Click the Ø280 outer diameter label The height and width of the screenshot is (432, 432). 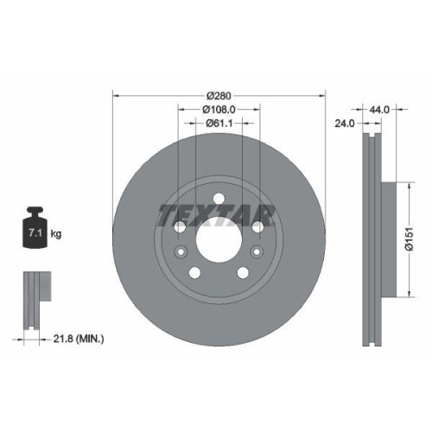point(218,95)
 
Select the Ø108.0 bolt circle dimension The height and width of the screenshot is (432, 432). point(219,110)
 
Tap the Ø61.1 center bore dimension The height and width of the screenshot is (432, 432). point(218,124)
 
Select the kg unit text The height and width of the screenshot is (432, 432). point(56,234)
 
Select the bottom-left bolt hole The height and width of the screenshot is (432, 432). point(194,270)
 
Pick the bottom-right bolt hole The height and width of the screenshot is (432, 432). point(243,270)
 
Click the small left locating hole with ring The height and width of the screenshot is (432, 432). point(181,251)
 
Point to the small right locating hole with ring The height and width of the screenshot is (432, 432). point(257,251)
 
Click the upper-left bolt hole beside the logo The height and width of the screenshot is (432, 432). point(179,226)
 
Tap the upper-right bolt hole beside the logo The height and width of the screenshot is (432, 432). point(258,226)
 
